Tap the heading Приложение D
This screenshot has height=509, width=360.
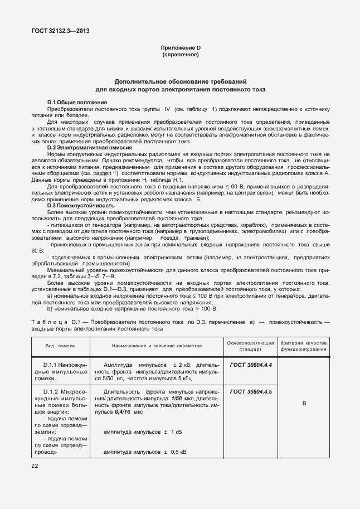point(180,49)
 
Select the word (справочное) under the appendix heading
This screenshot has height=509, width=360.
point(180,56)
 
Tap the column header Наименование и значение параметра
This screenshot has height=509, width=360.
point(157,346)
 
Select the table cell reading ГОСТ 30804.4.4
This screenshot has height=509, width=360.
point(251,365)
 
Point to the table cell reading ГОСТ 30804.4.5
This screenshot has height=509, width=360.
point(251,392)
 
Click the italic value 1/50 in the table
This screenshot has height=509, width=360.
point(177,399)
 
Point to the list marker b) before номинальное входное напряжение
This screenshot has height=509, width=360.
point(50,308)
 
